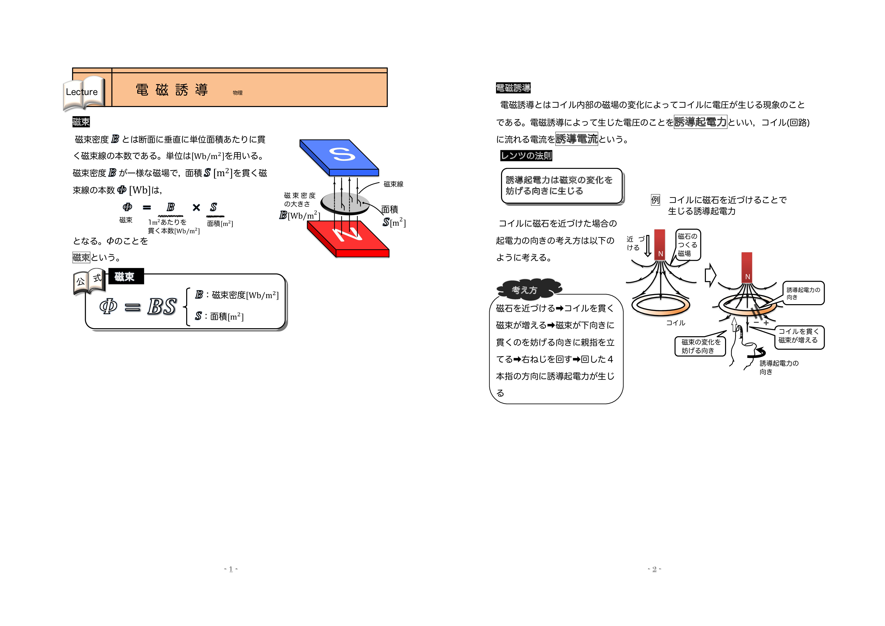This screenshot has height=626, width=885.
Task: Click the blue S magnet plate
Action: click(x=339, y=156)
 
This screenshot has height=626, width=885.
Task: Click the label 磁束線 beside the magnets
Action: click(x=393, y=184)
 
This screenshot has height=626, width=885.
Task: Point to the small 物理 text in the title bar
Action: click(x=237, y=93)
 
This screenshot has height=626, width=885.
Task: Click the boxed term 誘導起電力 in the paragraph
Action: click(x=700, y=122)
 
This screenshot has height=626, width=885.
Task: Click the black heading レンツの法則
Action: click(x=526, y=156)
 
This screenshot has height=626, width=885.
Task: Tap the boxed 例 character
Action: click(x=655, y=200)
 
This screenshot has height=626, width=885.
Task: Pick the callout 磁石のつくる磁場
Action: click(x=688, y=245)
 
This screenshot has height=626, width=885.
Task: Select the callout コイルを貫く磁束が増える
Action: click(x=799, y=336)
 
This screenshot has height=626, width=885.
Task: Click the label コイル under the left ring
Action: click(x=675, y=323)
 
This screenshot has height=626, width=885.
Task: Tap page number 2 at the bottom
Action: click(x=654, y=569)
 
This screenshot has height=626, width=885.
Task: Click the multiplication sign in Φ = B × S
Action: click(x=196, y=208)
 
